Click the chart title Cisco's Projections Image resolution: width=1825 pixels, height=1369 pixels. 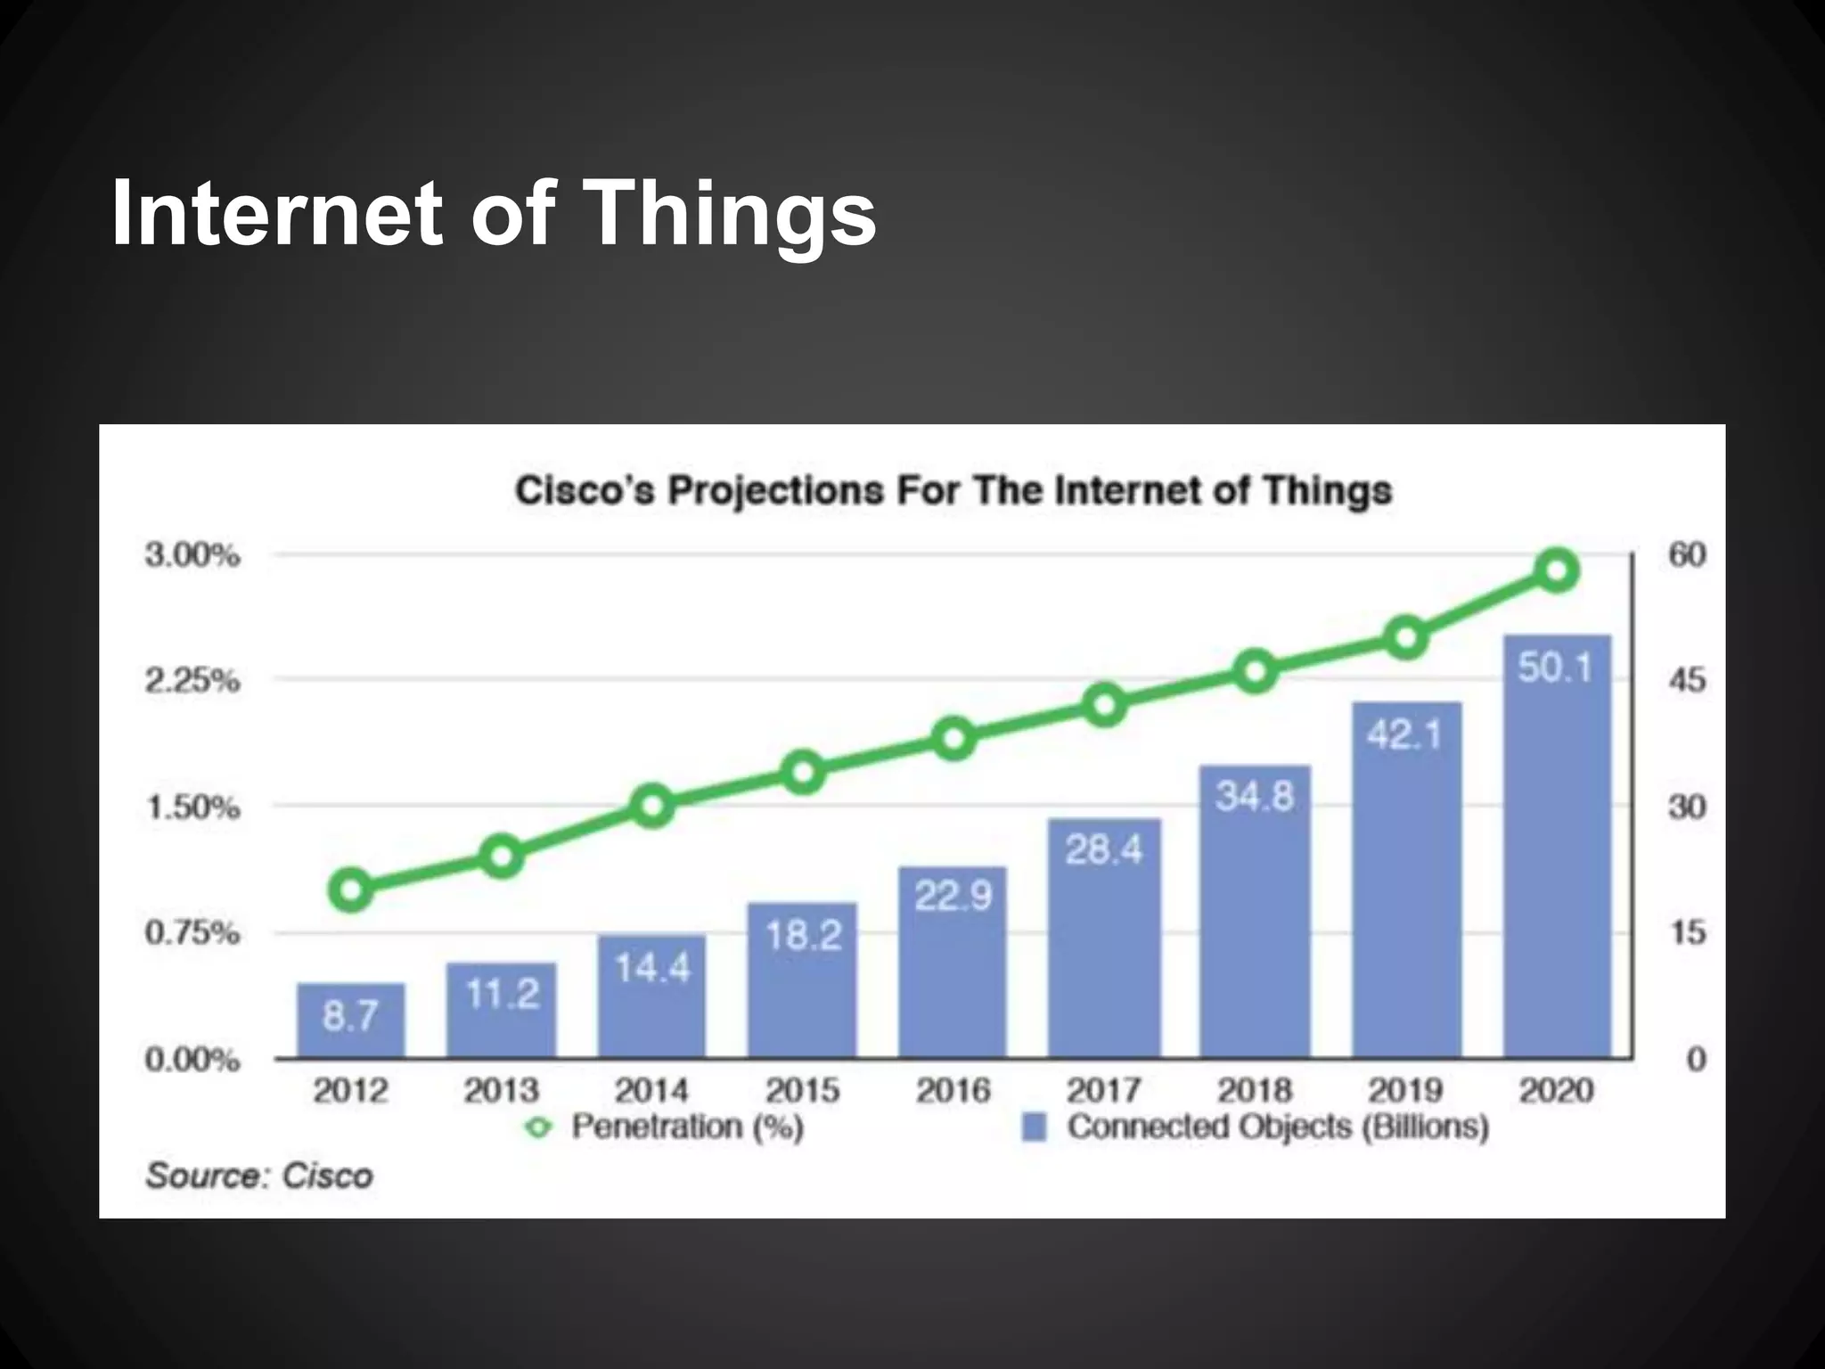tap(953, 491)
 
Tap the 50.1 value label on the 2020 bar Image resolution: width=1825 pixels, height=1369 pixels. tap(1555, 668)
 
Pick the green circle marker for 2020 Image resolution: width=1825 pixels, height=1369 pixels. tap(1557, 570)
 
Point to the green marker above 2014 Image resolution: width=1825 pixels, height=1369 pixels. tap(652, 807)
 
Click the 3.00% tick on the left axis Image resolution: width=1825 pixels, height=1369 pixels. tap(192, 555)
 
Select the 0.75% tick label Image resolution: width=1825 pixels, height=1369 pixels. tap(192, 933)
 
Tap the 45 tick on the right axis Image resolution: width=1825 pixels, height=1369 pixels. tap(1687, 681)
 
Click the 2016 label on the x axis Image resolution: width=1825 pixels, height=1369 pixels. tap(953, 1090)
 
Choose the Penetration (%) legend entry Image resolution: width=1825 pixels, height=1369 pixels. tap(686, 1127)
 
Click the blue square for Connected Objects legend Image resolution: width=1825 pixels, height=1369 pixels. tap(1034, 1127)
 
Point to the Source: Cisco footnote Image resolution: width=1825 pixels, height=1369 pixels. tap(259, 1176)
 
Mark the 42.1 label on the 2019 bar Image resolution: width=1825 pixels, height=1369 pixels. tap(1404, 734)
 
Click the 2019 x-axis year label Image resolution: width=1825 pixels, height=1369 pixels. tap(1405, 1090)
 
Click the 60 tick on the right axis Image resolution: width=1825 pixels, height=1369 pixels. tap(1687, 555)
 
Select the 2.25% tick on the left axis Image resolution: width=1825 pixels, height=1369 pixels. tap(192, 681)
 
